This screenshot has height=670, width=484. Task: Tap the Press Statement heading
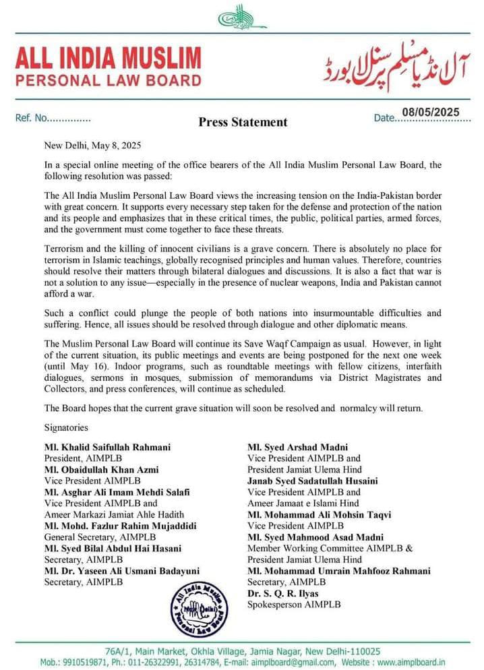click(243, 122)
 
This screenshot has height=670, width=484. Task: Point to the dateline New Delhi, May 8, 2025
click(92, 145)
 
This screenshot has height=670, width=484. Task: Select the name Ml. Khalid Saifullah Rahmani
click(107, 447)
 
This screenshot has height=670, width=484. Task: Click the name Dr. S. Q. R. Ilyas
click(283, 594)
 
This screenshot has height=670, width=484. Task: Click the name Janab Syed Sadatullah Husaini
click(313, 481)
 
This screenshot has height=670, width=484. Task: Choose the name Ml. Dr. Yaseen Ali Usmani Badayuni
click(121, 571)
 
